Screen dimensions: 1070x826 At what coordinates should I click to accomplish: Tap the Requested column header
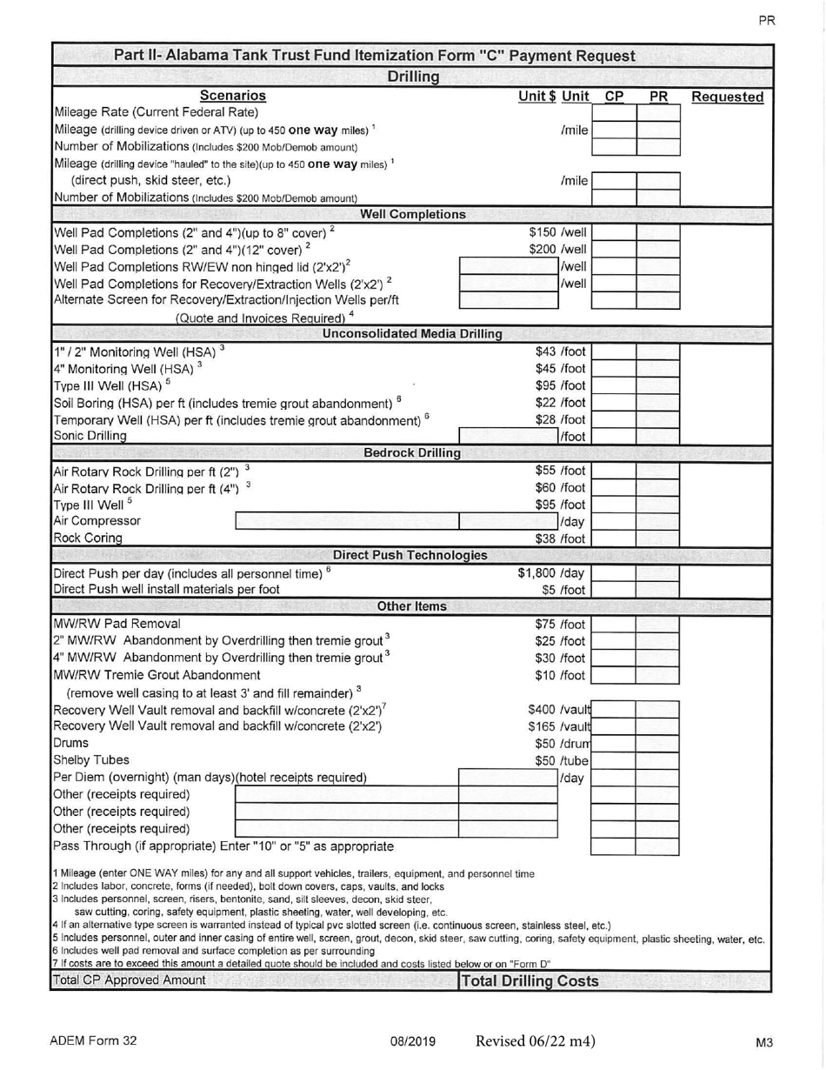click(x=727, y=97)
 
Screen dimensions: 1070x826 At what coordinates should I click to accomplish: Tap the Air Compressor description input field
click(x=346, y=521)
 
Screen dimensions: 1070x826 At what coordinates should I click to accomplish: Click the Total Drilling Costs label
click(x=530, y=981)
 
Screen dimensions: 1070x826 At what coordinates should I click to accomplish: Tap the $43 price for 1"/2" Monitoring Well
click(x=545, y=351)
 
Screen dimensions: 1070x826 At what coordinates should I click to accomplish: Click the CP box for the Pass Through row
click(x=613, y=846)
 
